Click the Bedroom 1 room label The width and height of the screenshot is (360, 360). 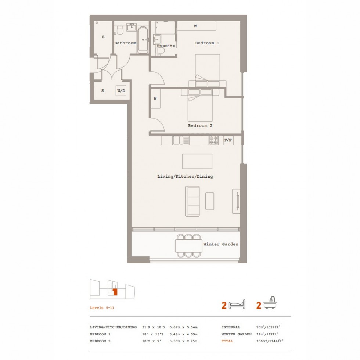[207, 43]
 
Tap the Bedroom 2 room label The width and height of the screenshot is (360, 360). [200, 125]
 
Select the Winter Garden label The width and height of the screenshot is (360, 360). [221, 244]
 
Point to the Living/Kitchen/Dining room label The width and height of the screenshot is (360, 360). [185, 177]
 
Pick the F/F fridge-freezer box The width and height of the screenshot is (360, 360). [228, 140]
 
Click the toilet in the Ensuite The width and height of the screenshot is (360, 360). [160, 51]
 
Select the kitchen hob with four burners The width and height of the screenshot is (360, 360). [214, 140]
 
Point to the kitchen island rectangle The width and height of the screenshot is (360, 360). [197, 161]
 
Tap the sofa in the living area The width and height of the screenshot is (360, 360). [192, 201]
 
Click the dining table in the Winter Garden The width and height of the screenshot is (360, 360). [188, 245]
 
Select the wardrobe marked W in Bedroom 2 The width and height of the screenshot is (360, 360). [155, 99]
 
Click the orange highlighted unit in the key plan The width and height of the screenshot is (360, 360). [115, 292]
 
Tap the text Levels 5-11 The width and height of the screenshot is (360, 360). [102, 308]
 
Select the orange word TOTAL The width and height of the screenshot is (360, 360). [227, 341]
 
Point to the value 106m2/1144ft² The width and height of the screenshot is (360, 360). [269, 341]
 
